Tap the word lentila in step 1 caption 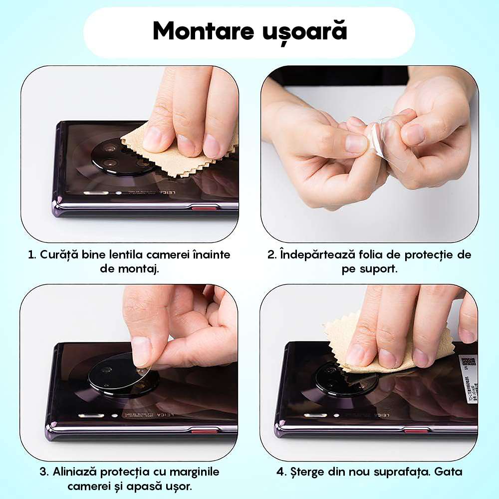(145, 254)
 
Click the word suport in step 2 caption (379, 269)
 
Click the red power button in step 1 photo (204, 208)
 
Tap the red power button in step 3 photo (205, 430)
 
